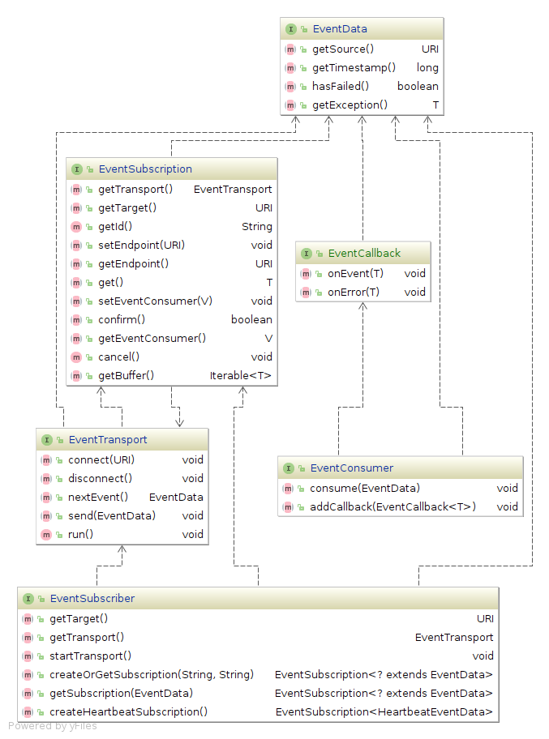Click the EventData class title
pos(339,29)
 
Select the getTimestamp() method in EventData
pos(354,67)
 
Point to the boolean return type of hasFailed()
pos(418,86)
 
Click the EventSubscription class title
pos(145,169)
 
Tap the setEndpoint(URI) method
pos(142,245)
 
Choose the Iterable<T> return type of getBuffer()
pos(241,375)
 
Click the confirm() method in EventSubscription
pos(122,319)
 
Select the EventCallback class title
pos(363,253)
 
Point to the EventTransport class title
pos(108,440)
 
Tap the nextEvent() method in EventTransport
pos(98,497)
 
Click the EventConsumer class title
pos(351,468)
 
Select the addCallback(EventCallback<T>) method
pos(392,506)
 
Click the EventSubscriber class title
pos(92,599)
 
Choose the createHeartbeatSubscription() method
pos(129,711)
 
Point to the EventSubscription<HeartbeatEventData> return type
pos(384,711)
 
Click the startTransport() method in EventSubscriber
pos(91,656)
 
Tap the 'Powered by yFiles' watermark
pos(53,726)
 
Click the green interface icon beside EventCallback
pos(306,253)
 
